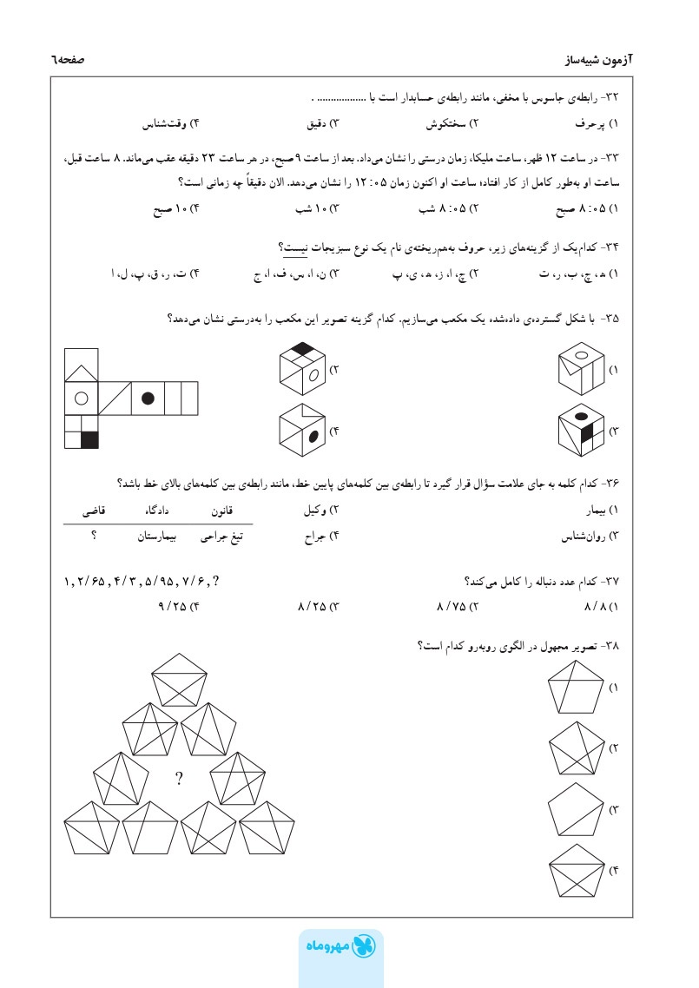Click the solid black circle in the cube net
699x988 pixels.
pos(148,398)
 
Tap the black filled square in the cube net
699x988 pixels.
pos(89,439)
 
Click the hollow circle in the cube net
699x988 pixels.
pos(81,398)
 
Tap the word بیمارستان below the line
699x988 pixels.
pos(159,537)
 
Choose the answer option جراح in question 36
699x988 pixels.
pos(316,537)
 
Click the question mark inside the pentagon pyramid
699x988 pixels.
pos(178,779)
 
